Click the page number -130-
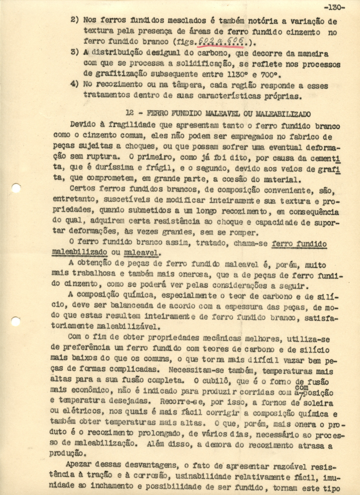pyautogui.click(x=334, y=7)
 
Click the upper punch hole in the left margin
pyautogui.click(x=16, y=189)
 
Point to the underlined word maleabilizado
pyautogui.click(x=80, y=252)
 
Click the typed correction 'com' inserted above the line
pyautogui.click(x=302, y=388)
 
